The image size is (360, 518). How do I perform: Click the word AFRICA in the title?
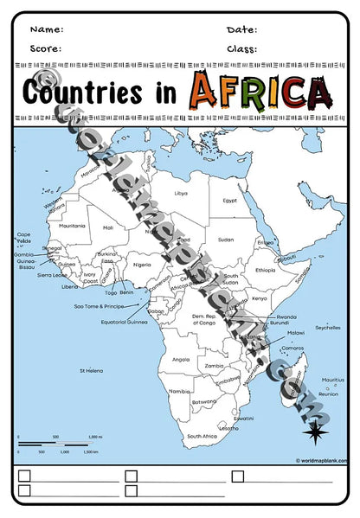261,90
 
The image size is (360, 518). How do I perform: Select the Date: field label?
241,29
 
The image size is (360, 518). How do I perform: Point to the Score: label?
46,48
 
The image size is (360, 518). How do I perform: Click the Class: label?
242,48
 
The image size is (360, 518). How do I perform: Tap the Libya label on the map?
181,193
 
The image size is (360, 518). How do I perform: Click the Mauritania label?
72,226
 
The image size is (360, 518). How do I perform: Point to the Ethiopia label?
265,270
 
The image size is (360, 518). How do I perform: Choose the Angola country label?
181,359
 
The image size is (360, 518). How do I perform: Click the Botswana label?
204,401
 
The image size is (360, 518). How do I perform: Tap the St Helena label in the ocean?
92,370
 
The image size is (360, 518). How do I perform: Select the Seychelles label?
328,328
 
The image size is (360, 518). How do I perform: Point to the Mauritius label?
332,380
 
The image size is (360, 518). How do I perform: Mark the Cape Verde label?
24,236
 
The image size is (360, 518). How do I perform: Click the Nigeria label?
142,265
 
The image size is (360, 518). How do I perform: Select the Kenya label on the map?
259,298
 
